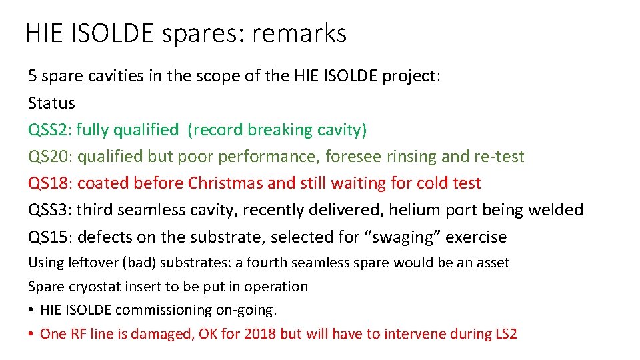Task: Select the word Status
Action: [51, 103]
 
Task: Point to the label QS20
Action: [50, 157]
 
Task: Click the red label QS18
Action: [50, 183]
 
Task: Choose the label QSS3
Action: [50, 210]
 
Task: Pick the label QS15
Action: [50, 237]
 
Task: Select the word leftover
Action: [94, 263]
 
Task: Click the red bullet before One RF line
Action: [31, 334]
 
